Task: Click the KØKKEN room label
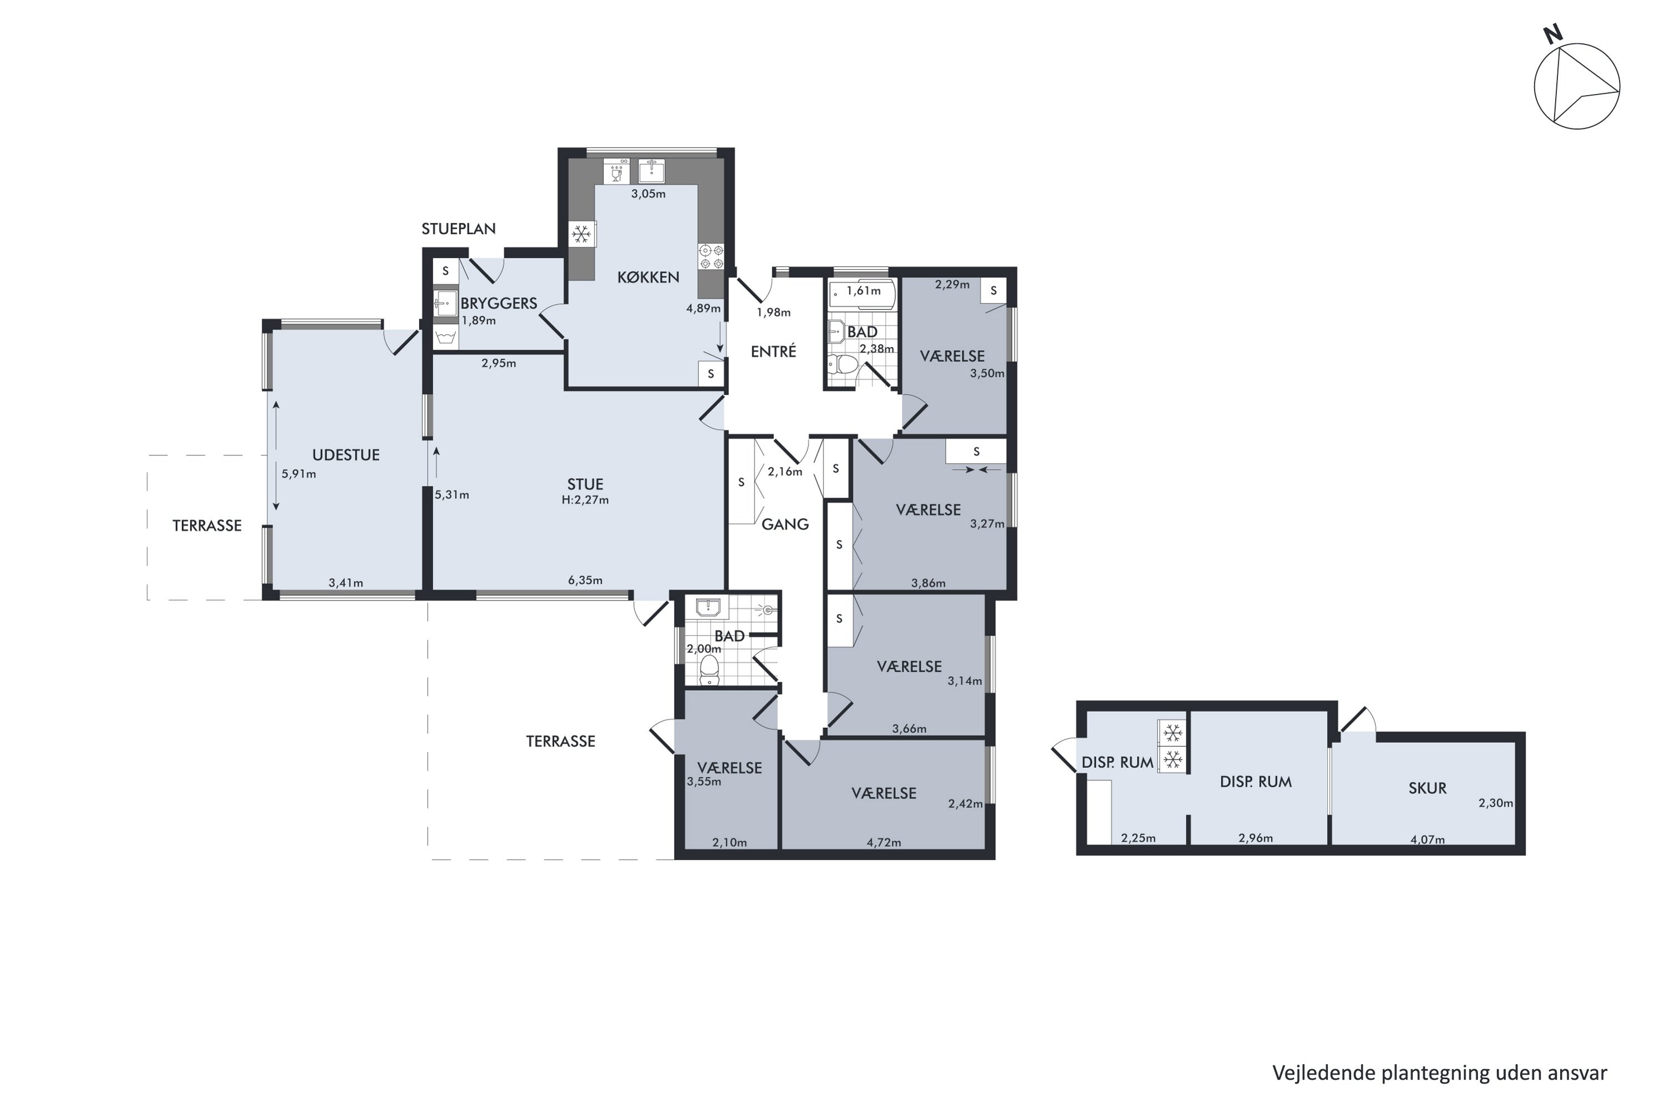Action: [648, 277]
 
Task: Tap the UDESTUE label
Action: [346, 455]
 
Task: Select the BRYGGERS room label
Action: [499, 303]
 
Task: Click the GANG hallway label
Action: [785, 524]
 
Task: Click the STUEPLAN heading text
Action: [458, 229]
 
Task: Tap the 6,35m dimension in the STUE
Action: [585, 580]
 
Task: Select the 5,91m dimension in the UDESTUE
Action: [299, 474]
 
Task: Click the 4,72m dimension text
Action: [883, 842]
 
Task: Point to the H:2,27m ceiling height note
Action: [585, 500]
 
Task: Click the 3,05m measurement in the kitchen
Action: [648, 193]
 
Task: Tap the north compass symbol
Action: [1576, 85]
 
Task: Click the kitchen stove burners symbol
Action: [711, 257]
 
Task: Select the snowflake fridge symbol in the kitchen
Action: [582, 234]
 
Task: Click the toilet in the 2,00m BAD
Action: [709, 669]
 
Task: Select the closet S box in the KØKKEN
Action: [711, 374]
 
